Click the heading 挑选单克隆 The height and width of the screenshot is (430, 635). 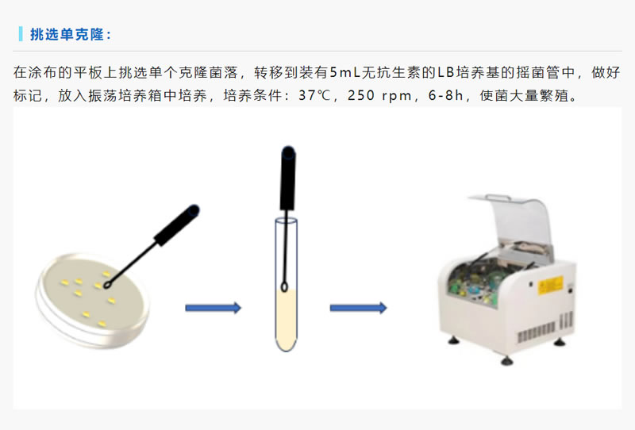pyautogui.click(x=67, y=34)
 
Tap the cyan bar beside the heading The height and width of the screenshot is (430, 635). pyautogui.click(x=21, y=34)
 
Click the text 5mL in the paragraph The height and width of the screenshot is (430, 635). pyautogui.click(x=344, y=72)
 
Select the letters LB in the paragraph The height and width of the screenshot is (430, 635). pyautogui.click(x=445, y=72)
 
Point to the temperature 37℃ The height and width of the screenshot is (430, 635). pyautogui.click(x=314, y=95)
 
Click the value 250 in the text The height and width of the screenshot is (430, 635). pyautogui.click(x=361, y=95)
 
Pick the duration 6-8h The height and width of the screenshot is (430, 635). pyautogui.click(x=445, y=95)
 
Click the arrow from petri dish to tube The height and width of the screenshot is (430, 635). pyautogui.click(x=213, y=308)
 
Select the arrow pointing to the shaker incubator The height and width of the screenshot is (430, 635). pyautogui.click(x=359, y=308)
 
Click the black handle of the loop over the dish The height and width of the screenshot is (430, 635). pyautogui.click(x=177, y=225)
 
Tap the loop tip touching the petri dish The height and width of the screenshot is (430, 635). pyautogui.click(x=107, y=286)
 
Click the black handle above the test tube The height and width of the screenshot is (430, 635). pyautogui.click(x=288, y=179)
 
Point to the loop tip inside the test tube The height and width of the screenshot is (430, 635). pyautogui.click(x=284, y=287)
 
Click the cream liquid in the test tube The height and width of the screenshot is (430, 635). pyautogui.click(x=287, y=320)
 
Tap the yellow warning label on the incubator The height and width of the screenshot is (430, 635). pyautogui.click(x=550, y=286)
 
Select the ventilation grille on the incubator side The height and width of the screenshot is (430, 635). pyautogui.click(x=545, y=328)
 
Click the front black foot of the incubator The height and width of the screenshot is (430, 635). pyautogui.click(x=506, y=360)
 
